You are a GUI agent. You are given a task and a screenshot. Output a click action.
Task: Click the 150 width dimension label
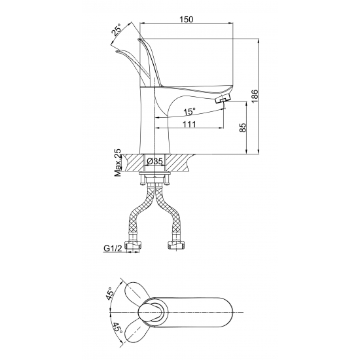186,20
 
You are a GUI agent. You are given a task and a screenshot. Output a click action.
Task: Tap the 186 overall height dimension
255,96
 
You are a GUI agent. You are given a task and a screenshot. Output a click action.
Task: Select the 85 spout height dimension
243,128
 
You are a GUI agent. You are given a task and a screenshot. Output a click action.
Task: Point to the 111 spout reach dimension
189,124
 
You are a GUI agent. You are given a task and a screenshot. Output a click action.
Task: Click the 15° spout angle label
189,111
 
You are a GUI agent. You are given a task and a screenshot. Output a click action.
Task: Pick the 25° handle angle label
117,29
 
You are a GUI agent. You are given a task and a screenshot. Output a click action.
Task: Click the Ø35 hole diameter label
154,162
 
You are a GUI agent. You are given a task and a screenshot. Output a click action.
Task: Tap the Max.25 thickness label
118,162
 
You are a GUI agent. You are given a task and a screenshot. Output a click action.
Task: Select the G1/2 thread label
113,248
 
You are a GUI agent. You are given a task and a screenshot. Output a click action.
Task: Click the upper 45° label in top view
110,293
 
